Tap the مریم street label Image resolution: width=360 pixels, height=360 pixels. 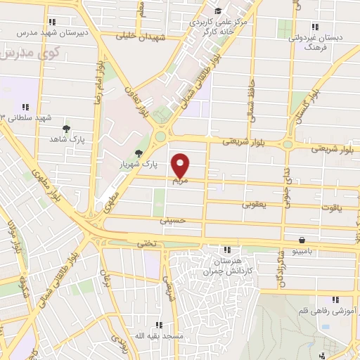tap(181, 181)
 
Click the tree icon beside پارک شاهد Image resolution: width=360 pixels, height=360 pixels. tap(66, 129)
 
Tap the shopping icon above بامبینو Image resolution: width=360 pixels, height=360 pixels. tap(302, 239)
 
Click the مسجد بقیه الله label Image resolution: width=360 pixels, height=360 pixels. tap(159, 337)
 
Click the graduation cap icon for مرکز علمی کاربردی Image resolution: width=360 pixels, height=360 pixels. tap(217, 11)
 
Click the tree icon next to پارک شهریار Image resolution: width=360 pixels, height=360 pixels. tap(138, 153)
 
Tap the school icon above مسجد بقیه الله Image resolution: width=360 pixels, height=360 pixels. tap(159, 325)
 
